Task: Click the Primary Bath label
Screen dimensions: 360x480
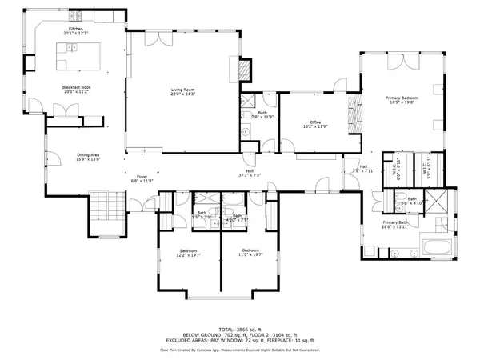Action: point(396,225)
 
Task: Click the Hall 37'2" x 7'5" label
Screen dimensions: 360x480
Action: point(250,174)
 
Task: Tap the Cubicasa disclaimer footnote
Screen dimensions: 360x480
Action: point(240,349)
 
